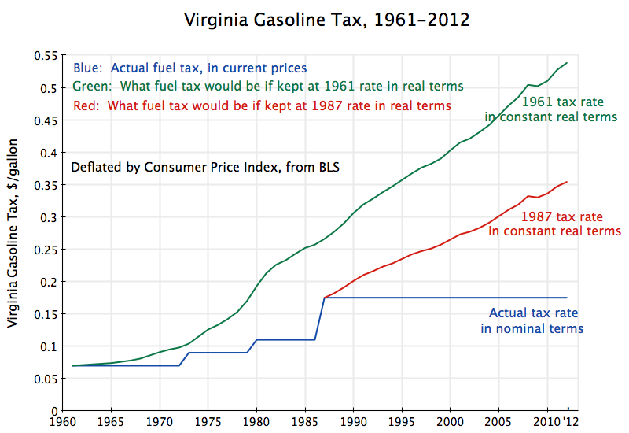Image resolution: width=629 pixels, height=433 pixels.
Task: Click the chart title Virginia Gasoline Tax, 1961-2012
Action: [326, 20]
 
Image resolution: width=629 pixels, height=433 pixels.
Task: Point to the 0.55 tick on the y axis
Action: [46, 55]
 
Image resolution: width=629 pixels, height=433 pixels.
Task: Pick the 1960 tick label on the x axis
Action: [63, 422]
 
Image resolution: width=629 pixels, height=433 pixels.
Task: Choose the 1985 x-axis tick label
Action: [305, 422]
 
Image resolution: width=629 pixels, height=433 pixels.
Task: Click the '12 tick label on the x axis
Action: [570, 422]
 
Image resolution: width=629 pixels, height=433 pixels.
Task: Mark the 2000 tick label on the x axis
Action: [451, 422]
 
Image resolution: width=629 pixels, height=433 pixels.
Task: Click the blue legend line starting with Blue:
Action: [189, 68]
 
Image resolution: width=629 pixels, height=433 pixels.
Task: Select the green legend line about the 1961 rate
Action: [267, 86]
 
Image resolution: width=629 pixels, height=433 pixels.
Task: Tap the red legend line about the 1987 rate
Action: [261, 105]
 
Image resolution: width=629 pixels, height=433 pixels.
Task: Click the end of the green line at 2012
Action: [567, 62]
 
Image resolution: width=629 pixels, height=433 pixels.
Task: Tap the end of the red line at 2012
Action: [567, 182]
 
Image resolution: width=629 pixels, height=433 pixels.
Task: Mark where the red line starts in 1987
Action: [325, 298]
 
